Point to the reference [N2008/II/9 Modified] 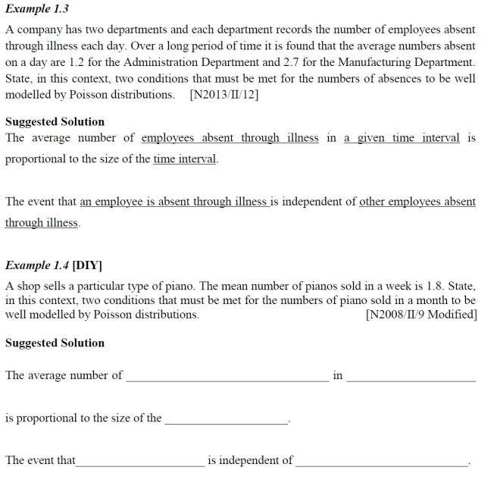click(x=420, y=314)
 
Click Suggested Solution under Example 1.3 click(x=55, y=121)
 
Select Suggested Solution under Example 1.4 click(x=55, y=343)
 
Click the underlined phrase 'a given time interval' click(x=402, y=138)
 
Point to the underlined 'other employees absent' click(x=417, y=202)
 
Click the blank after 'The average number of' click(x=227, y=377)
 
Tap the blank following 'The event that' click(x=140, y=462)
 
